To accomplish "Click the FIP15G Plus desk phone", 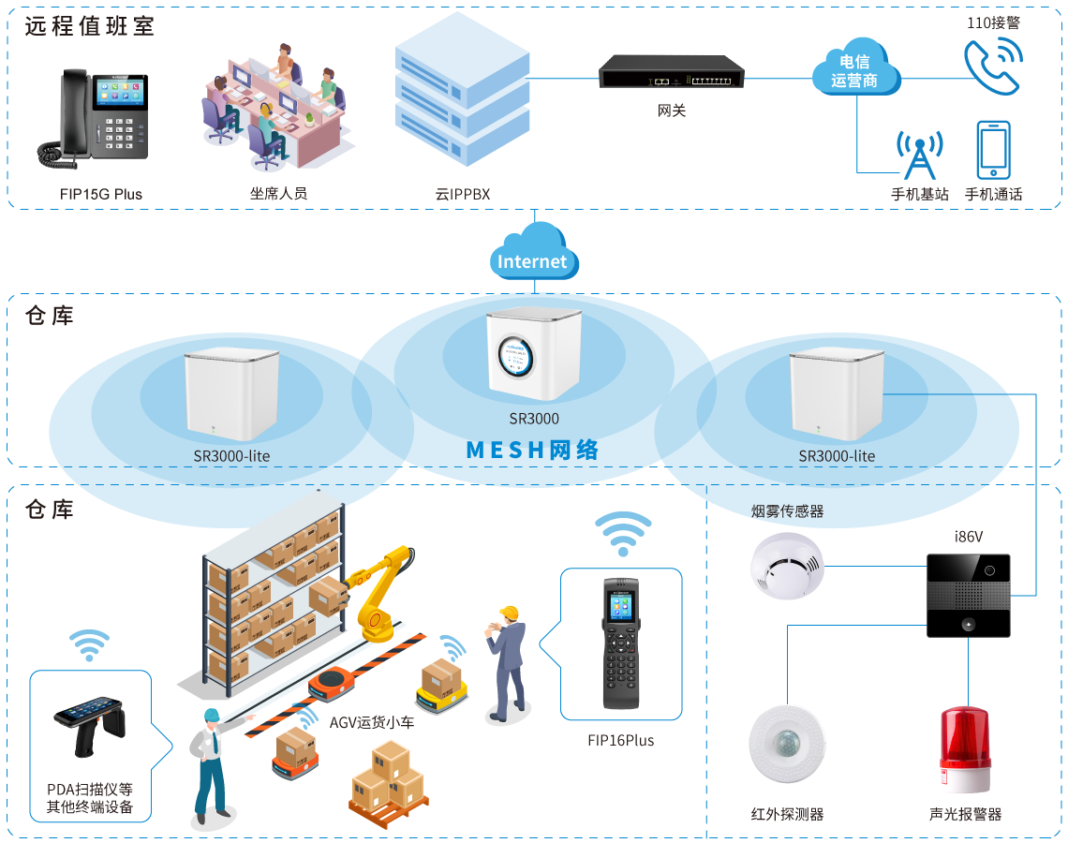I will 93,116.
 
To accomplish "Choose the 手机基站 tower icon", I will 919,155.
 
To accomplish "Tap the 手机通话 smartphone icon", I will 993,150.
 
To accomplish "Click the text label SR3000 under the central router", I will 533,420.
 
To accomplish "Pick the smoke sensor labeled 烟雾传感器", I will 787,565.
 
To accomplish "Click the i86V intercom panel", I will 968,596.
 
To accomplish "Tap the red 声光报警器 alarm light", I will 965,749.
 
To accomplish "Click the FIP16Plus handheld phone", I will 620,643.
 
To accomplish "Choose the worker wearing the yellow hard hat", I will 508,661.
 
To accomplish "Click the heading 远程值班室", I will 90,26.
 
